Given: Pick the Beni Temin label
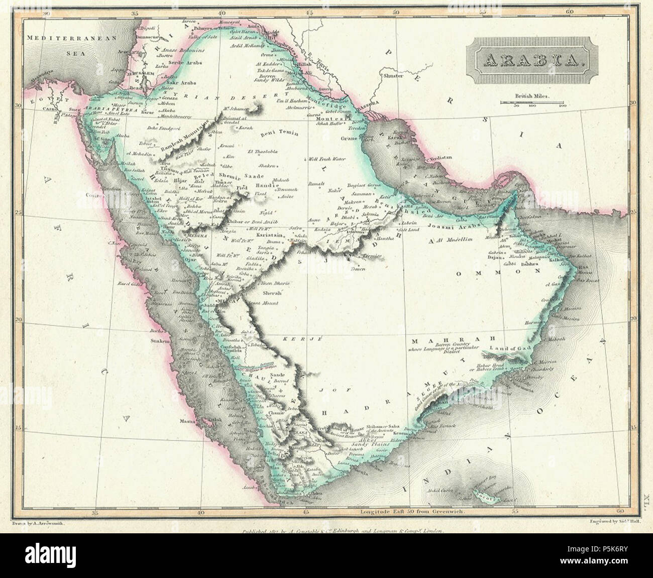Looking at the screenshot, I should tap(280, 135).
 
